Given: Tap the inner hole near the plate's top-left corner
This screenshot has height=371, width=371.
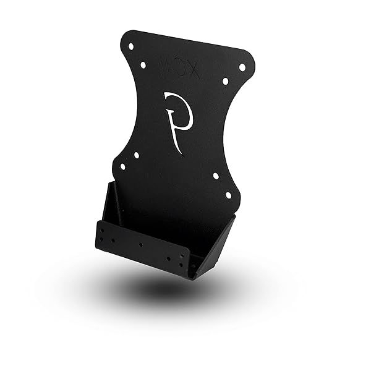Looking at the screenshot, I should click(x=143, y=64).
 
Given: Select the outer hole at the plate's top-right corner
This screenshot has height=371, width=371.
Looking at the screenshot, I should click(x=242, y=67).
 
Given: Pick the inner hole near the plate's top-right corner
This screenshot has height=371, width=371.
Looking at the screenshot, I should click(x=225, y=81).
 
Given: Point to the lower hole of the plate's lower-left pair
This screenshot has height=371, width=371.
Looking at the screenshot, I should click(x=122, y=166).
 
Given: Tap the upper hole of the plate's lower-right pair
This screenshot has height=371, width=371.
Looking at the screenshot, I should click(x=216, y=176).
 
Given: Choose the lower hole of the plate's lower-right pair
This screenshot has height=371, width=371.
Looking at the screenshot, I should click(x=228, y=195).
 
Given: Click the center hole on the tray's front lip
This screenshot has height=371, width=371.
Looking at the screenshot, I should click(x=141, y=245).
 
